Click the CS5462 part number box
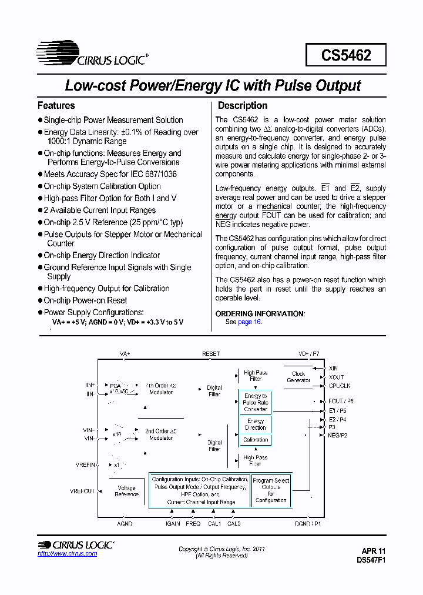point(346,55)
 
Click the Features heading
point(56,106)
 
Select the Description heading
point(243,106)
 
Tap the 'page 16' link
point(249,322)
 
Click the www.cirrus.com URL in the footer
point(67,554)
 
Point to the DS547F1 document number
point(371,560)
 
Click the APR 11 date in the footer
point(374,551)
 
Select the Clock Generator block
point(298,377)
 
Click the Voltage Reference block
point(126,492)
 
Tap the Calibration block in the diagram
point(256,440)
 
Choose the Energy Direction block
point(256,424)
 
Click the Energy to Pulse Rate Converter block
point(256,402)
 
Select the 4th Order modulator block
point(160,389)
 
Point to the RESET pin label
point(211,354)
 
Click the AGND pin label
point(125,523)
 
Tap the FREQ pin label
point(193,523)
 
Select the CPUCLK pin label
point(340,386)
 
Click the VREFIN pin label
point(85,464)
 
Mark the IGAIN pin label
point(172,523)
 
